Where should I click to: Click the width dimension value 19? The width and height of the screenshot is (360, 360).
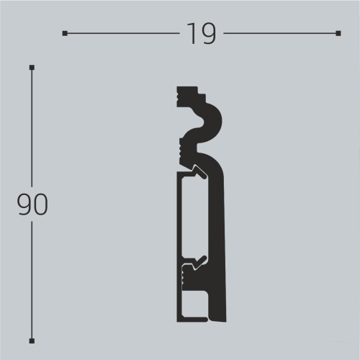(202, 34)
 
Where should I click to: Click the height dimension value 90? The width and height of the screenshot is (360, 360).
(32, 205)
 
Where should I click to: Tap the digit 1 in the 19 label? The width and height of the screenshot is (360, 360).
(192, 34)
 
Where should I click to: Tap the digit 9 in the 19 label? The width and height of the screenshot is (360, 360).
(208, 34)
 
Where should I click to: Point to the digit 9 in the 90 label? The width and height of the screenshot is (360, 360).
(24, 205)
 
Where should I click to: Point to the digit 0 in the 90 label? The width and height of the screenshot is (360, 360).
(40, 205)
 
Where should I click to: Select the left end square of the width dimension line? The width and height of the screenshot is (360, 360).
(65, 33)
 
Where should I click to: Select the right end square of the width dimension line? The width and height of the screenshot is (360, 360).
(338, 33)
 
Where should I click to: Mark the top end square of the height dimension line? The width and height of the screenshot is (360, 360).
(32, 68)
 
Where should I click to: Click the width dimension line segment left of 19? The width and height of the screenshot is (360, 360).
(122, 33)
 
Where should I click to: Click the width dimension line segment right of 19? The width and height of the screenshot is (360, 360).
(281, 33)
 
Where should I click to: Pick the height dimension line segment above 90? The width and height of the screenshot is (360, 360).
(32, 130)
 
